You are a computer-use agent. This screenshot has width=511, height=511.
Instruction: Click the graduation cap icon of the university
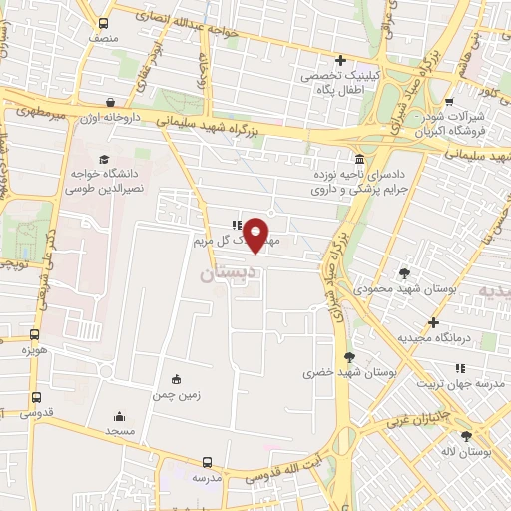click(104, 158)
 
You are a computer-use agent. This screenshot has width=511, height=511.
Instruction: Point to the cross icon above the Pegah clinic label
click(341, 60)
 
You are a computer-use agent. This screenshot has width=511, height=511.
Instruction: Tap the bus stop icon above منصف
click(104, 22)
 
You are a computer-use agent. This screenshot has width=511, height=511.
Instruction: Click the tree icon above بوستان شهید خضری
click(349, 356)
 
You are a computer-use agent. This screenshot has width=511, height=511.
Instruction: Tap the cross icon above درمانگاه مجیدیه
click(433, 322)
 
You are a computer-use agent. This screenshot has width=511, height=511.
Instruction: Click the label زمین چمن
click(177, 394)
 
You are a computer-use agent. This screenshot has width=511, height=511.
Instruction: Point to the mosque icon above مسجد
click(120, 416)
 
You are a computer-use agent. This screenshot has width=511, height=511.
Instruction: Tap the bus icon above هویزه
click(35, 336)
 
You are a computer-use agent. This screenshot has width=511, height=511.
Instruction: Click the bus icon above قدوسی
click(36, 396)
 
